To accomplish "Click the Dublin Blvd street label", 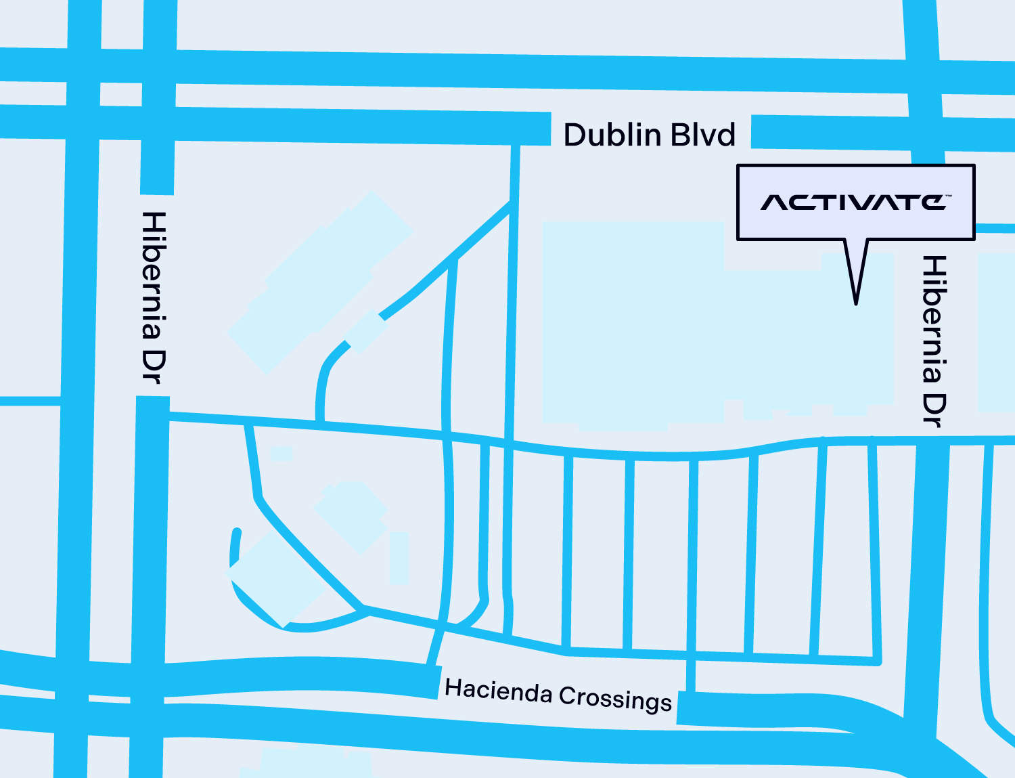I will click(x=649, y=135).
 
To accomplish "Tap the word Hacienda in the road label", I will click(x=498, y=691).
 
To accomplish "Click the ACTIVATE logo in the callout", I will click(x=855, y=202).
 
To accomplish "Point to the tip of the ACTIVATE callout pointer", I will click(x=856, y=303).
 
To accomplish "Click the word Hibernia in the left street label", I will click(x=154, y=274).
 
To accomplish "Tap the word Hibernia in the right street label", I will click(x=934, y=318).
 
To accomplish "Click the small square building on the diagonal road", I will click(x=366, y=331).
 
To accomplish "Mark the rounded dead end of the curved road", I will click(x=237, y=532).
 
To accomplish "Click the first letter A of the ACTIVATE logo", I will click(x=775, y=202).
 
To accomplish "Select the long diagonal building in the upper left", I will click(x=318, y=281).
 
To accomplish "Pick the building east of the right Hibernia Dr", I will click(x=996, y=332).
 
